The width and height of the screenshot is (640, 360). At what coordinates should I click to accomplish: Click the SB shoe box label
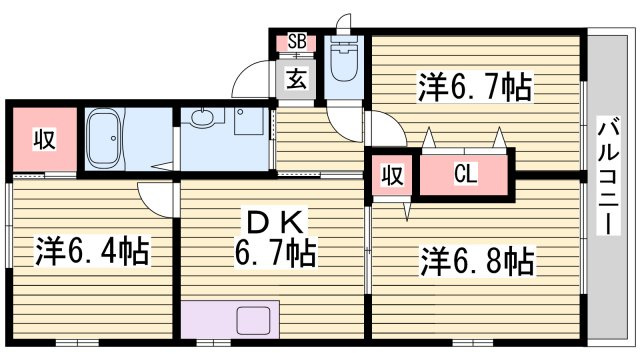point(297,41)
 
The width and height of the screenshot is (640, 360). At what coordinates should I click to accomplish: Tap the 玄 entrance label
point(296,79)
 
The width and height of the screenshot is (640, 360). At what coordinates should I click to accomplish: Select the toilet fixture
point(344,60)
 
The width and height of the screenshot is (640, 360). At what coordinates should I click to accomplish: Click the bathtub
point(104,139)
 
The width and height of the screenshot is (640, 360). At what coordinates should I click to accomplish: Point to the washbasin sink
point(202,118)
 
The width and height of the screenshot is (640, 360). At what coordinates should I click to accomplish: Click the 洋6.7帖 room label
point(475,87)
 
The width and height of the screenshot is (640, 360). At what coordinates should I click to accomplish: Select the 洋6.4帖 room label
point(92,251)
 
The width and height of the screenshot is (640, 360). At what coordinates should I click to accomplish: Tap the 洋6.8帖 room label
point(478,261)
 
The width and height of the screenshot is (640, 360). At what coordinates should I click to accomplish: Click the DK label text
point(276,222)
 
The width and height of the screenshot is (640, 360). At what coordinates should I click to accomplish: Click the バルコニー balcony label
point(608,176)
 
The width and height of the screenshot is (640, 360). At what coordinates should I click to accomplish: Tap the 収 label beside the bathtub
point(44,139)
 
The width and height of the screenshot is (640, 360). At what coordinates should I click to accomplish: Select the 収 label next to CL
point(393,175)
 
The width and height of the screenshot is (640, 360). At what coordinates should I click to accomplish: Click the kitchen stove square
point(253,320)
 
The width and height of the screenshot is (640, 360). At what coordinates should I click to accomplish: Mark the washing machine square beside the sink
point(249,121)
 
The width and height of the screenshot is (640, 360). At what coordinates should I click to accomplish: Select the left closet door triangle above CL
point(428,138)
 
